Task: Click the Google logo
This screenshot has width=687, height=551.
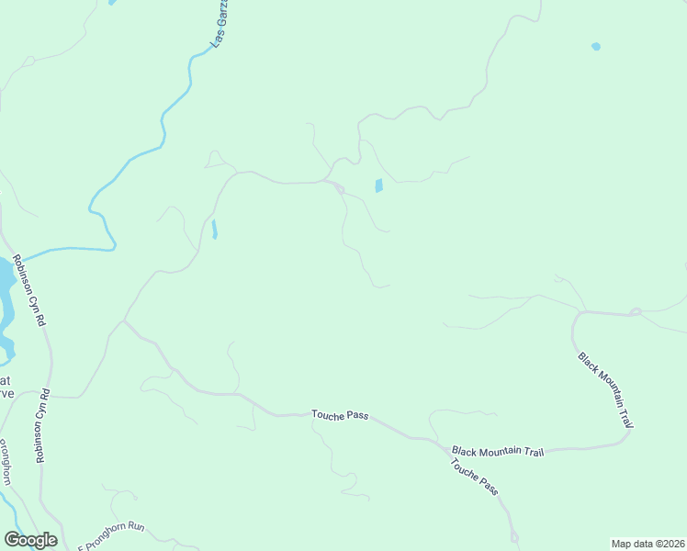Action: [30, 540]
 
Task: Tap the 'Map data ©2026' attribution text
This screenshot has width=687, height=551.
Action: [648, 543]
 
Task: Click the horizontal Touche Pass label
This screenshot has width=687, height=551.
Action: [340, 416]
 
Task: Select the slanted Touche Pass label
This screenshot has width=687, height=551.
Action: [475, 478]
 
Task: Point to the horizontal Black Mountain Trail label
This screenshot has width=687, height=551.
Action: [499, 452]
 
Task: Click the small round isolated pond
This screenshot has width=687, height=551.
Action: [596, 46]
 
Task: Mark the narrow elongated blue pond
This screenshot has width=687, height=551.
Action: [214, 229]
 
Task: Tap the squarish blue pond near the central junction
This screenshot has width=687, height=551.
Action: [378, 186]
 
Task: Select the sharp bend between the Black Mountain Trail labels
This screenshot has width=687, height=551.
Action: [628, 434]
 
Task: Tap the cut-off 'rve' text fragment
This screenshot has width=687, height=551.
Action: [6, 393]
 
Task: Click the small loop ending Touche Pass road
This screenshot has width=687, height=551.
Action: [514, 535]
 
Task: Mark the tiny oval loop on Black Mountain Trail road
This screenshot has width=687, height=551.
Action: [634, 312]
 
